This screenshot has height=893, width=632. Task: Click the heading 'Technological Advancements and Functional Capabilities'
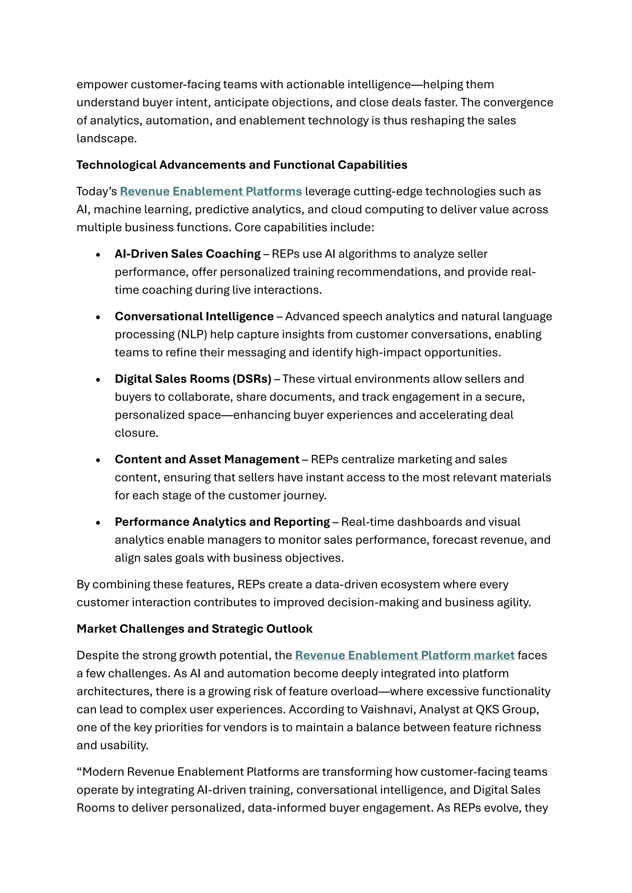[x=242, y=165]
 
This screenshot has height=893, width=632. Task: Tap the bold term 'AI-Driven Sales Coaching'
[x=188, y=254]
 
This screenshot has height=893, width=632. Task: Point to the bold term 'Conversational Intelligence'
[x=194, y=317]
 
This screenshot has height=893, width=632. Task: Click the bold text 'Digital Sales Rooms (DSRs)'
[x=193, y=379]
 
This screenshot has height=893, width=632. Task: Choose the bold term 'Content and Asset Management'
[x=207, y=459]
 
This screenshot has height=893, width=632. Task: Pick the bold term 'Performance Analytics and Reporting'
[x=222, y=522]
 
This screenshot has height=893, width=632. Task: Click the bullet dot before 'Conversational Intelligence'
[x=98, y=317]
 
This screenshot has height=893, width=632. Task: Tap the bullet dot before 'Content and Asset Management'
[x=98, y=460]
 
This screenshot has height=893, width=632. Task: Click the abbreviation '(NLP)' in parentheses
[x=192, y=335]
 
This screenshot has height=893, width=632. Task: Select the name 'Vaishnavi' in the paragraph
[x=388, y=710]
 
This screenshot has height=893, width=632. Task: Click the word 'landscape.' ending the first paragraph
[x=107, y=138]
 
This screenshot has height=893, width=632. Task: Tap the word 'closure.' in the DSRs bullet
[x=136, y=433]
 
